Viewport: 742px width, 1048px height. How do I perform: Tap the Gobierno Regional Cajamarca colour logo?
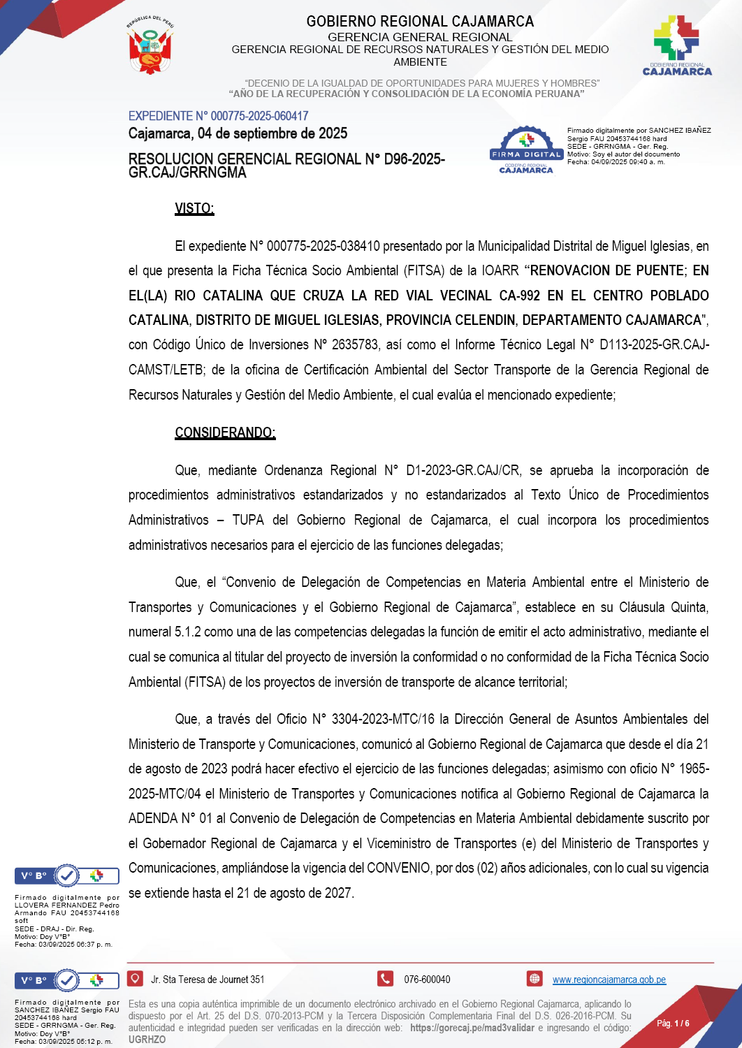(x=676, y=46)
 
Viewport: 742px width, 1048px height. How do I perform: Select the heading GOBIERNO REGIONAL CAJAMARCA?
(x=420, y=22)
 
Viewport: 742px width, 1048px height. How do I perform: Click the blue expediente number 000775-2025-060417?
(x=259, y=116)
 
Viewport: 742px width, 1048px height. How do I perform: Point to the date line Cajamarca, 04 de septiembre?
(x=238, y=133)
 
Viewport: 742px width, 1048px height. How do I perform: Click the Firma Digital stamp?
(x=526, y=150)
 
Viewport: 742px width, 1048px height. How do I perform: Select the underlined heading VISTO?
(x=194, y=208)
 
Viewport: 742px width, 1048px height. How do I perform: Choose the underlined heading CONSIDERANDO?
(x=225, y=432)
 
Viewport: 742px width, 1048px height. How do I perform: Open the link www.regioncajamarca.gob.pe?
(x=609, y=980)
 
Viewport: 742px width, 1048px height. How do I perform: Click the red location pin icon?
(x=136, y=979)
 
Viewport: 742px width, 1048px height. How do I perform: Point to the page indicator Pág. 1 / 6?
(x=673, y=1024)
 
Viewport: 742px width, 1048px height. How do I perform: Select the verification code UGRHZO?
(x=147, y=1040)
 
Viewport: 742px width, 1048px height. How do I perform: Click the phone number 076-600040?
(x=427, y=980)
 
